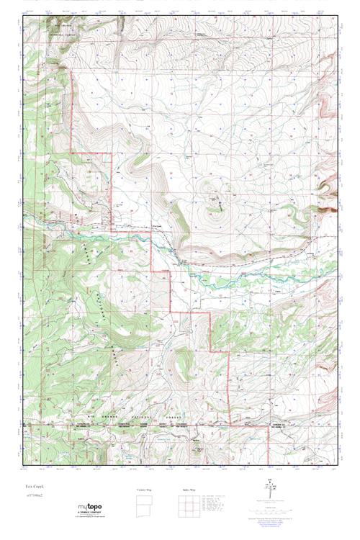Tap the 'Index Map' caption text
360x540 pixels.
186,490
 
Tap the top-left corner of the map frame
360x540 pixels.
22,16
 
